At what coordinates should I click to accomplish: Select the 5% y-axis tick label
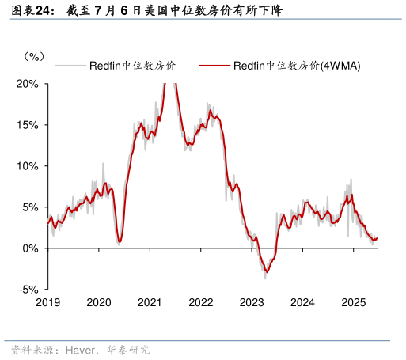tap(30, 207)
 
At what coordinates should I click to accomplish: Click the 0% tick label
tap(30, 248)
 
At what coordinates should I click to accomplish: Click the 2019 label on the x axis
tap(47, 303)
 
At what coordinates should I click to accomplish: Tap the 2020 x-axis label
tap(99, 303)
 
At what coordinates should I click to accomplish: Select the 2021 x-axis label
tap(150, 303)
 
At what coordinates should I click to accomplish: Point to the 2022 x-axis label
tap(201, 303)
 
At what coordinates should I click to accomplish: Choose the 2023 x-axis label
tap(252, 303)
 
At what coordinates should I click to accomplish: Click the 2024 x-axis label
tap(303, 303)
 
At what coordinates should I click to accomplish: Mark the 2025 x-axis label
tap(354, 303)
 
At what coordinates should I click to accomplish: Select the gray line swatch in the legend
tap(70, 66)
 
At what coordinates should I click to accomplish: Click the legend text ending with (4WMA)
tap(297, 66)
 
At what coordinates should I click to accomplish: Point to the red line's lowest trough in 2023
tap(267, 272)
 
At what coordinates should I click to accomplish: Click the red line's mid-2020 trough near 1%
tap(119, 241)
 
